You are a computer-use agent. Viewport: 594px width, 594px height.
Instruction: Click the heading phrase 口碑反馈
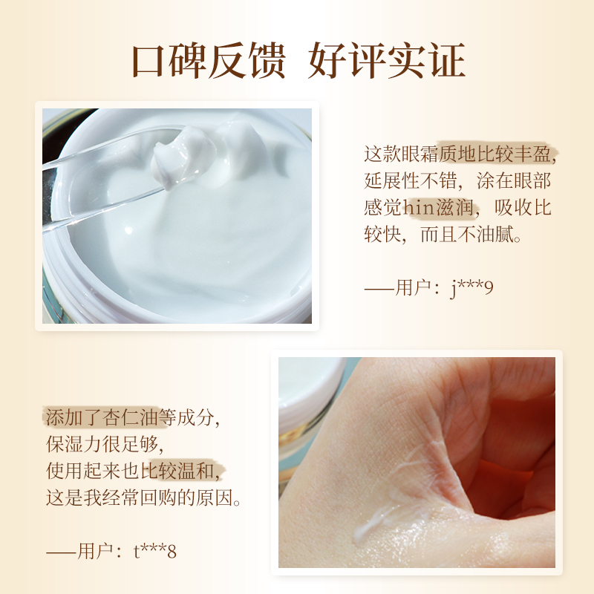[209, 61]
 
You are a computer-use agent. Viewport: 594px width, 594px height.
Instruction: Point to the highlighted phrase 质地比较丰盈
[497, 154]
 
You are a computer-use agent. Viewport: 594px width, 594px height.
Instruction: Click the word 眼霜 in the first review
[420, 154]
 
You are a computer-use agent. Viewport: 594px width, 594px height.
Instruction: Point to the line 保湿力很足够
[103, 444]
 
